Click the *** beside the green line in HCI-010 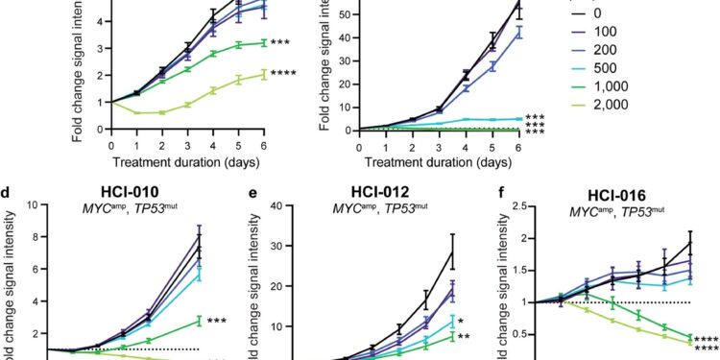click(x=220, y=320)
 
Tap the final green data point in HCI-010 click(x=198, y=320)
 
